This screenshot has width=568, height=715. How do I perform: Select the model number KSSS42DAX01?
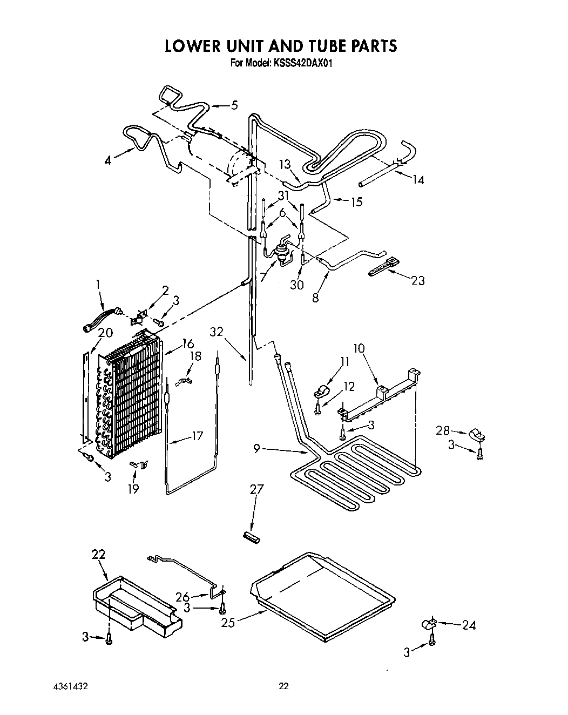[303, 63]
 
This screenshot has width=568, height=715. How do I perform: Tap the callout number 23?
[418, 280]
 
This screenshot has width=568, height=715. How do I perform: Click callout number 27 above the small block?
[256, 489]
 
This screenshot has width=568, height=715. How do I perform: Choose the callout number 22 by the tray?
[98, 554]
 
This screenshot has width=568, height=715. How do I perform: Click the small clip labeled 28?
[476, 434]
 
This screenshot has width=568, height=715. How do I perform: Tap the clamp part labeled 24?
[428, 625]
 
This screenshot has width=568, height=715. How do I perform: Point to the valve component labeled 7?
[280, 251]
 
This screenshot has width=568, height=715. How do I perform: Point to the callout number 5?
[234, 105]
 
